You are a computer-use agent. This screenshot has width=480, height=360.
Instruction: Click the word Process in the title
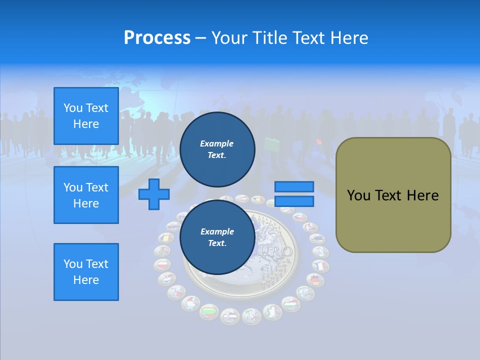(x=157, y=38)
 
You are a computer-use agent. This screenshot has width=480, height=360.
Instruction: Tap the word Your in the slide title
(x=230, y=38)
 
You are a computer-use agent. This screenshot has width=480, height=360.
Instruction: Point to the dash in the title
(x=201, y=38)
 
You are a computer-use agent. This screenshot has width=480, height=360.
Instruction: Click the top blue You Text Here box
(x=86, y=116)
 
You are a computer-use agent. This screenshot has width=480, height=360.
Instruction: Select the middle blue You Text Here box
(x=86, y=195)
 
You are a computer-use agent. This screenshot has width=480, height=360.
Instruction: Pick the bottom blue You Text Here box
(x=86, y=272)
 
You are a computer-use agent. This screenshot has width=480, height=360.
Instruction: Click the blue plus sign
(x=154, y=194)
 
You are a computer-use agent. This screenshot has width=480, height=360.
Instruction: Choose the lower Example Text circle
(x=217, y=237)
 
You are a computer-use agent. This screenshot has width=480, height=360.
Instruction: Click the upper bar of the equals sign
(x=294, y=186)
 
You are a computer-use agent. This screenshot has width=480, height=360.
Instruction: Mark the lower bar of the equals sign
(x=294, y=201)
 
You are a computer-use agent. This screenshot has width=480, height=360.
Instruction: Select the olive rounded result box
(x=393, y=195)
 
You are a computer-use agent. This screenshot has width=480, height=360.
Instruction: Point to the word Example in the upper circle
(x=217, y=143)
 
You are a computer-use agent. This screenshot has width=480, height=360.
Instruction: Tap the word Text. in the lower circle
(x=217, y=243)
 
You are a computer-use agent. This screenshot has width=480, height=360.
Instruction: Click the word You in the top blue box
(x=72, y=108)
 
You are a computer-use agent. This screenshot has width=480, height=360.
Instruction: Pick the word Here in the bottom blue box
(x=86, y=280)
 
